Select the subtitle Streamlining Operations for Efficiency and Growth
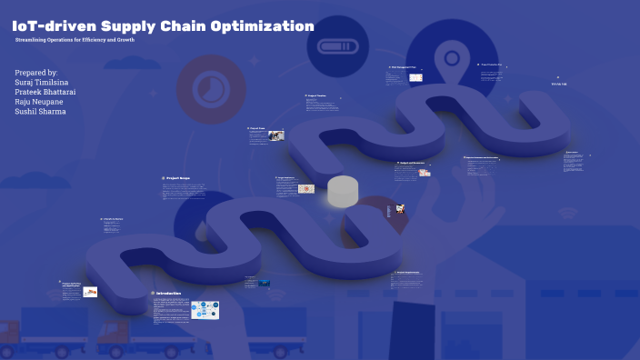click(75, 42)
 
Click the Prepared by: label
click(37, 72)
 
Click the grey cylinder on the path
click(343, 191)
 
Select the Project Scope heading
click(179, 178)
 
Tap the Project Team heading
click(257, 129)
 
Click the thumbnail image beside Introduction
click(205, 309)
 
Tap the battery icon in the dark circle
click(337, 45)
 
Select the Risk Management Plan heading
click(404, 67)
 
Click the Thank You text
click(558, 85)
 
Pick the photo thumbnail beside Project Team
click(276, 136)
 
